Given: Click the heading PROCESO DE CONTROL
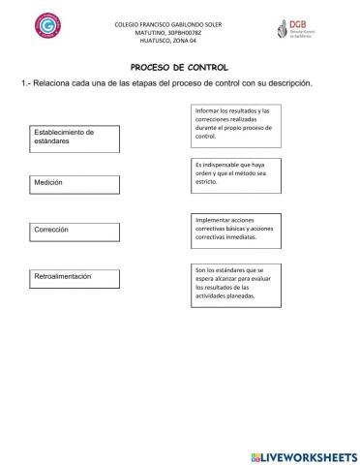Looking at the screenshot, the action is pyautogui.click(x=179, y=67).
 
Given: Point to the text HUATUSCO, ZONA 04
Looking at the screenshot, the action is pyautogui.click(x=182, y=41).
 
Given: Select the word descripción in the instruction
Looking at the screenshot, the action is pyautogui.click(x=291, y=83).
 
